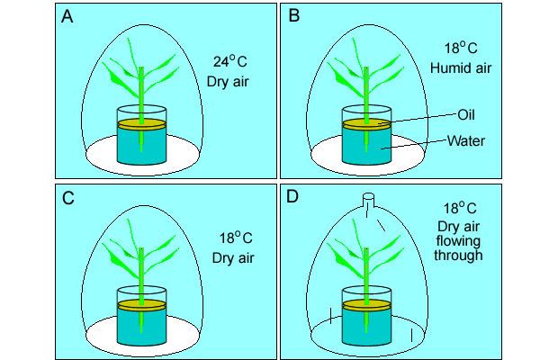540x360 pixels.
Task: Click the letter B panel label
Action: (x=292, y=17)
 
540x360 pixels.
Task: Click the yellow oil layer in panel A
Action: (x=142, y=123)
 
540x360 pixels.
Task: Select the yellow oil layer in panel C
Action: (x=142, y=305)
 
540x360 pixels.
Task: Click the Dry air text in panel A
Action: (x=229, y=84)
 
